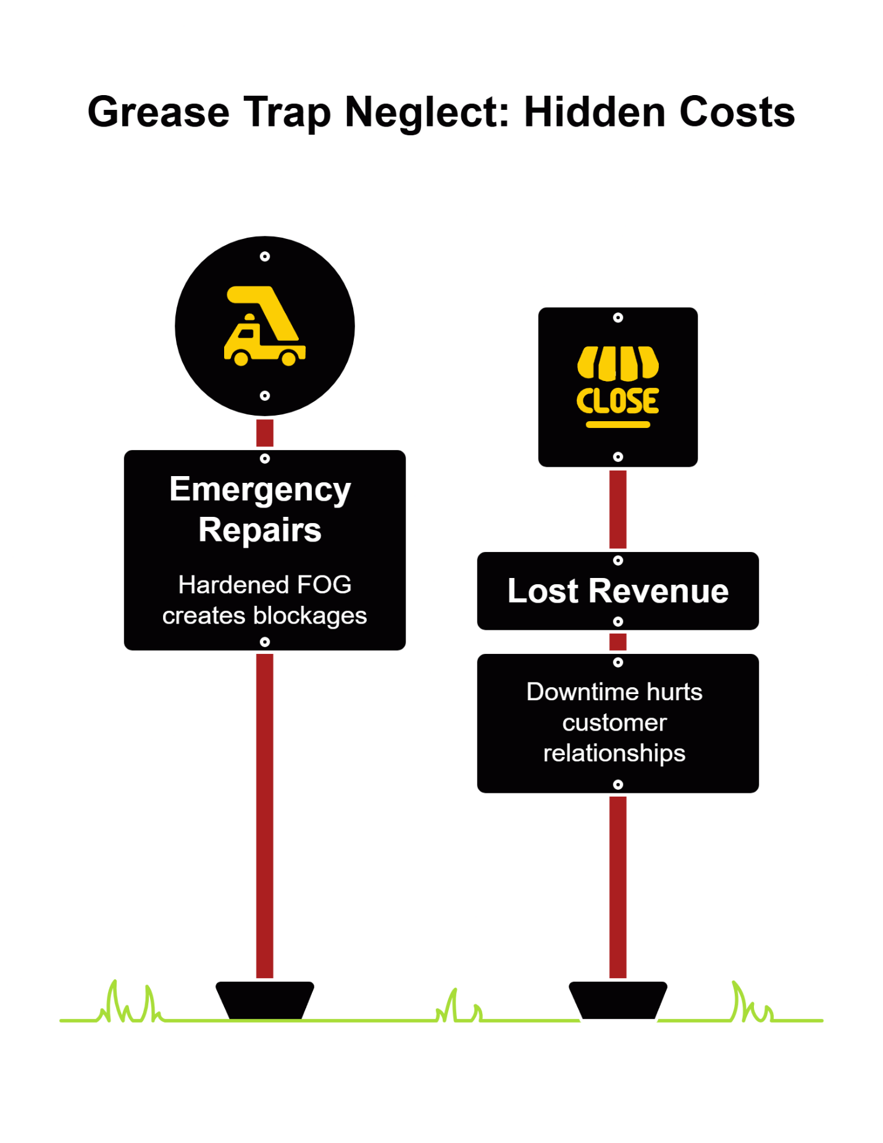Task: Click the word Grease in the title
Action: [x=158, y=112]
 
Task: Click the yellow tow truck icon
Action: [x=264, y=327]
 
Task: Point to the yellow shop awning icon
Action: [x=617, y=363]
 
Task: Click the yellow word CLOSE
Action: [x=617, y=401]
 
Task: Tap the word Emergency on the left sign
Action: [x=260, y=490]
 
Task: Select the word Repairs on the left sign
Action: [x=260, y=530]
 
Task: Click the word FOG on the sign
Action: [x=324, y=585]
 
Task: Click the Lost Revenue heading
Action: [x=617, y=591]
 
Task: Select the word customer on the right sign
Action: [x=614, y=722]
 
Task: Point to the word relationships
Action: [x=614, y=753]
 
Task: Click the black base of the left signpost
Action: [x=264, y=1000]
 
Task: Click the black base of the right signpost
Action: [x=617, y=1000]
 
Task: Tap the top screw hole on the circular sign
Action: [x=265, y=256]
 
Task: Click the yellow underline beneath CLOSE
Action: [x=617, y=425]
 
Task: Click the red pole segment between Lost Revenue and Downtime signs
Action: [x=617, y=642]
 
